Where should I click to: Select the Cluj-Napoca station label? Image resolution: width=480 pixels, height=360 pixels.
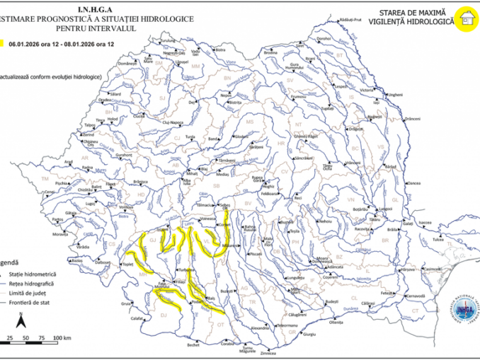[173, 121]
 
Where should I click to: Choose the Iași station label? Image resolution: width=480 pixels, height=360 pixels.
[376, 102]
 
